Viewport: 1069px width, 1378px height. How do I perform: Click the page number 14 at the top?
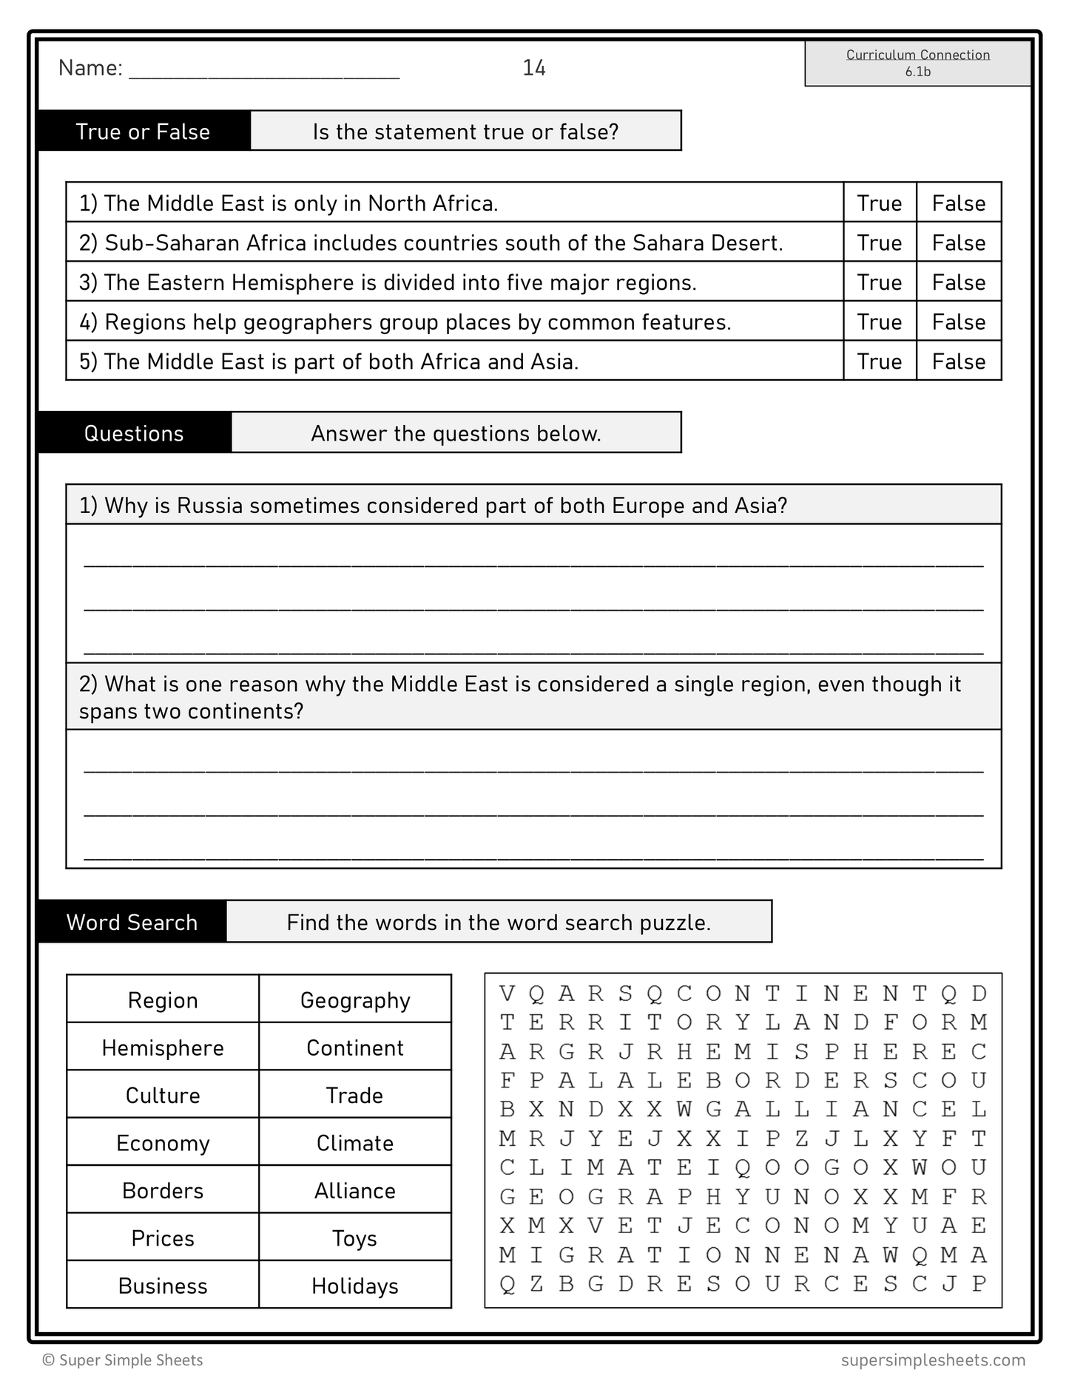533,68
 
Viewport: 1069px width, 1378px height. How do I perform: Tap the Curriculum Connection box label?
917,55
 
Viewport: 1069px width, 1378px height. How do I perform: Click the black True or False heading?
143,132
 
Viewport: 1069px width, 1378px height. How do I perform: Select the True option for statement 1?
879,203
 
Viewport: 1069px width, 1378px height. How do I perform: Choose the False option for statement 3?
958,282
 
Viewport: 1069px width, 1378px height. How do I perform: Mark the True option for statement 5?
879,362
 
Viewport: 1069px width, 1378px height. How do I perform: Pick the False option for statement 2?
958,243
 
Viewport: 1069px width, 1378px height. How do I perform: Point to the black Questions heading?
134,433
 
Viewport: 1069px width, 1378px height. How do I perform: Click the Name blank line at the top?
264,71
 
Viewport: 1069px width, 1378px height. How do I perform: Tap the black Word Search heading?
132,923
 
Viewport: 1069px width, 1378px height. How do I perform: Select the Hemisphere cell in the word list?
163,1048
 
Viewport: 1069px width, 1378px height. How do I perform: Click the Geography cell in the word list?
355,1000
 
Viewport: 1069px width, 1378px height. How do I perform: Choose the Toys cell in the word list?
355,1238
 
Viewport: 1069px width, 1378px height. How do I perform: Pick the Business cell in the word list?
163,1286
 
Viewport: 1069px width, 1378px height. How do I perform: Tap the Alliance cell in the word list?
355,1190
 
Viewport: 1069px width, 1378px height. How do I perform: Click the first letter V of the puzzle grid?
507,993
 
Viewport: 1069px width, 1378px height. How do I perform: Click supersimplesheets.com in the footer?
933,1360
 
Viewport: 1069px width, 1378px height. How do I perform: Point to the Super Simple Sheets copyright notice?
123,1360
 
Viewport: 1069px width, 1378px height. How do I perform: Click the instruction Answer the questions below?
456,433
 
